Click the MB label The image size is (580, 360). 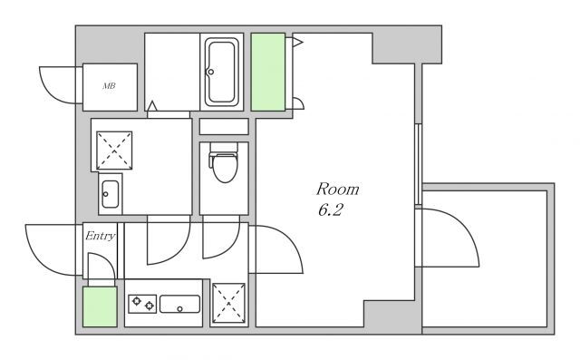(109, 86)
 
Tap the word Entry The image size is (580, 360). (101, 236)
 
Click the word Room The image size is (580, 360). (337, 190)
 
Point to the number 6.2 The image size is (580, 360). (330, 210)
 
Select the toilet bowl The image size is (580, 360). (224, 167)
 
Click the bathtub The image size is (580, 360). (221, 72)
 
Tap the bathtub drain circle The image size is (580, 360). (210, 72)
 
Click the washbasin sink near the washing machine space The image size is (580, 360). (111, 194)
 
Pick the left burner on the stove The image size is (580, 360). (137, 301)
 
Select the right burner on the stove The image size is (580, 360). (149, 306)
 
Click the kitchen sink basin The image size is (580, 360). (179, 304)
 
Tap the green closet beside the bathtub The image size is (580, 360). (268, 73)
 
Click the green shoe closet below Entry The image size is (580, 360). (100, 306)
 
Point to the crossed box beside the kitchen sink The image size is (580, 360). (228, 303)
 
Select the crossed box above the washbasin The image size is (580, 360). (114, 151)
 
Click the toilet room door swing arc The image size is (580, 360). (231, 247)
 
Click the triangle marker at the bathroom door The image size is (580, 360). (152, 106)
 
